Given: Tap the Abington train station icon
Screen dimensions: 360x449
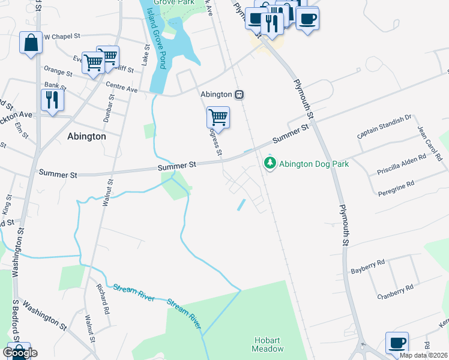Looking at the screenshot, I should coord(239,95).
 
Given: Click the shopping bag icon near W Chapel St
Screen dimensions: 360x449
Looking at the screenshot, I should coord(31,43).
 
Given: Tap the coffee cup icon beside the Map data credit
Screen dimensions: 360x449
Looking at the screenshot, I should coord(396,343).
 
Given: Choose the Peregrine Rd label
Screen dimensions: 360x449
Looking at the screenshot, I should coord(402,186).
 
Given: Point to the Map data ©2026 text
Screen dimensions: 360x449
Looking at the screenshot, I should coord(423,355).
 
